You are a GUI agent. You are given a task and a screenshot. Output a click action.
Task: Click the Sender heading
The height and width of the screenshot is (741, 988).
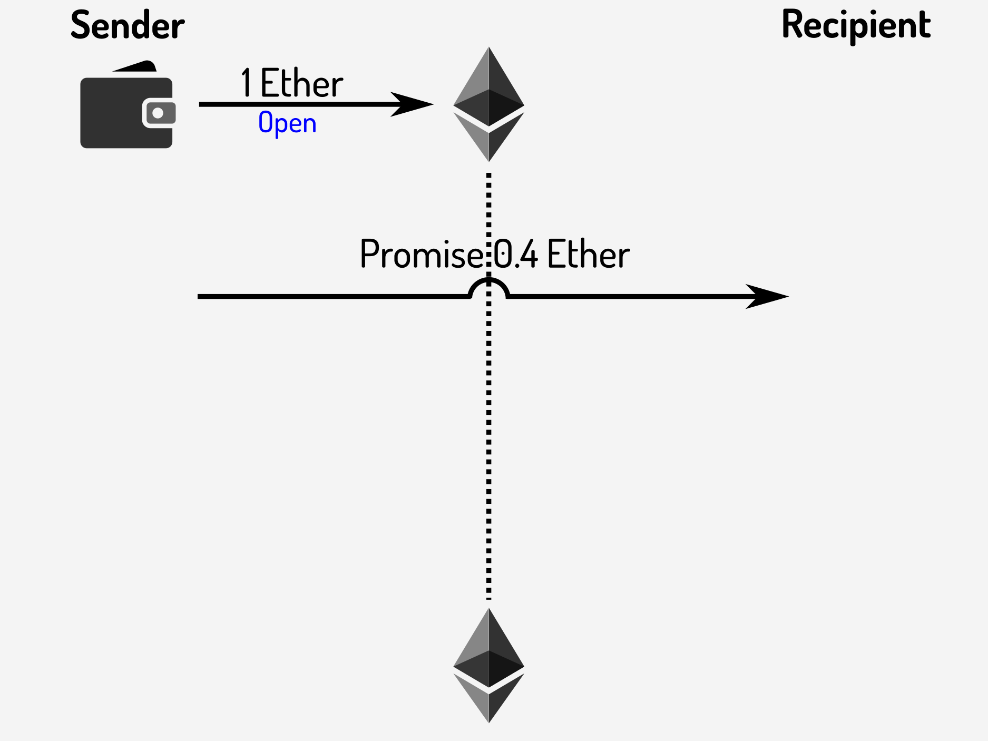click(128, 25)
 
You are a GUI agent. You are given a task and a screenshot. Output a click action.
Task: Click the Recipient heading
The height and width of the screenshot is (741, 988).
click(856, 25)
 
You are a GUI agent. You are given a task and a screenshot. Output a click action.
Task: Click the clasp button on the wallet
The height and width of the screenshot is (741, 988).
click(158, 113)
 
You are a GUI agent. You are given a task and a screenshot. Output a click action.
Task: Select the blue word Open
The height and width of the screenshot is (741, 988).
click(287, 123)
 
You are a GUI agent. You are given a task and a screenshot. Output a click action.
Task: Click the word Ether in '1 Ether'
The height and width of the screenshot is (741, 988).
click(301, 83)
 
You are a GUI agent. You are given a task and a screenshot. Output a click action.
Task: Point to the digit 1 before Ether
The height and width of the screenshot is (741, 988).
click(246, 83)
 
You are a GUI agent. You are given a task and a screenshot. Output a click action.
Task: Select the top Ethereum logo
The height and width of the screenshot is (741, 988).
click(488, 104)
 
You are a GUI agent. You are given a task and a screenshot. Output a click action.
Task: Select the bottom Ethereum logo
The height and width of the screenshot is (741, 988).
click(488, 665)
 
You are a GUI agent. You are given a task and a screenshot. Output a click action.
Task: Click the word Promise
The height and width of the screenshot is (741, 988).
click(420, 255)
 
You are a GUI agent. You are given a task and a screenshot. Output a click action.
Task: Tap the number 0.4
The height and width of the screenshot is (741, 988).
click(515, 255)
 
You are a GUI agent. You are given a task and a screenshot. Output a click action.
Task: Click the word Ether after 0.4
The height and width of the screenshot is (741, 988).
click(589, 255)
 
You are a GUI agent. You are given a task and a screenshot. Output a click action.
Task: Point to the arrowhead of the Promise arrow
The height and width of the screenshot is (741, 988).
click(769, 296)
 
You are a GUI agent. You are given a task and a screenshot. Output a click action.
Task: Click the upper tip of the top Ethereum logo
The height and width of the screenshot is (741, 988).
click(489, 48)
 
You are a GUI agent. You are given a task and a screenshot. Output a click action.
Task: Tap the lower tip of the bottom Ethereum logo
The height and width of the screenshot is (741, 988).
click(489, 720)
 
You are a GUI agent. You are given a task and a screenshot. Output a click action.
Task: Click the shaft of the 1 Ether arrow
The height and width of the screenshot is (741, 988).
click(295, 104)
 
